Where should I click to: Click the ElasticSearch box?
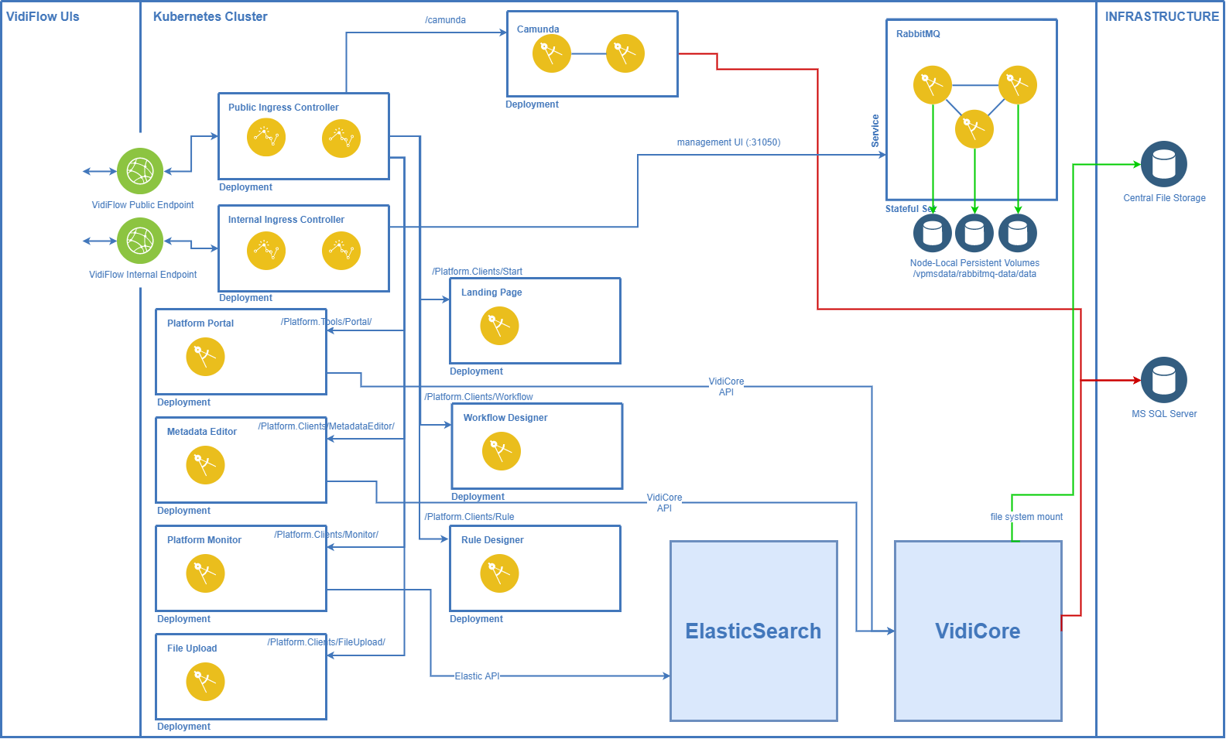[753, 631]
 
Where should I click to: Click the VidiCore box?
[978, 631]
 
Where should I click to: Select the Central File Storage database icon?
[1163, 164]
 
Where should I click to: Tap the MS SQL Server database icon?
[1163, 380]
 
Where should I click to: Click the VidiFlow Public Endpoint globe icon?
[140, 171]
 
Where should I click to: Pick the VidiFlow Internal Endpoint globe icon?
[140, 241]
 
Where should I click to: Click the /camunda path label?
[446, 20]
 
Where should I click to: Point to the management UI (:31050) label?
[728, 142]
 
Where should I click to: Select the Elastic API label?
[477, 676]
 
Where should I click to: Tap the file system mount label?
[1026, 517]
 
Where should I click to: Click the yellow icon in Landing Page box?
[499, 326]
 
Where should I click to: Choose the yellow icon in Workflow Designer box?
[502, 451]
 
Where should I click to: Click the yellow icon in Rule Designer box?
[499, 573]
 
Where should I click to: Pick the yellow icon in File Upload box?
[205, 682]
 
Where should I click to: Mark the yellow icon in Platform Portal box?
[205, 357]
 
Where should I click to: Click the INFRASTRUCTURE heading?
[1161, 16]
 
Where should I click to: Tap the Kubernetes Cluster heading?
[210, 16]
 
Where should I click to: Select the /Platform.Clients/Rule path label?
[470, 517]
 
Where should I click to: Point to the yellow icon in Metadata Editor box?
[205, 465]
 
